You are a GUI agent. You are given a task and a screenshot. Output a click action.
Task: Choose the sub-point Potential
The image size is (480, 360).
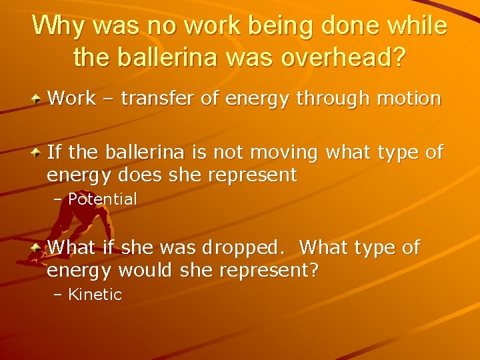[x=103, y=199]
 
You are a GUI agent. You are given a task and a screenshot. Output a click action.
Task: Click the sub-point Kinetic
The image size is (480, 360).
[x=95, y=295]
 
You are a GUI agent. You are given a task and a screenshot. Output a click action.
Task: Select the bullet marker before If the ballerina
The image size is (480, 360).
[x=37, y=153]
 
